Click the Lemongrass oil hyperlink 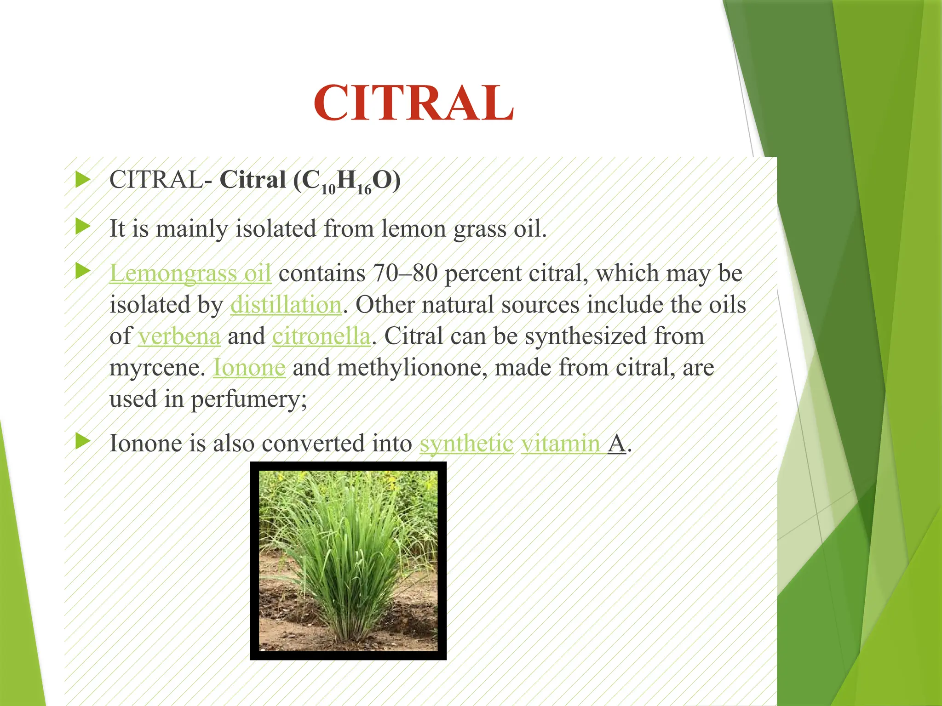[190, 273]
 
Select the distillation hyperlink [286, 305]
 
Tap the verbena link [179, 336]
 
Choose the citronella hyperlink [321, 336]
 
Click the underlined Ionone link [249, 368]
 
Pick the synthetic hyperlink [466, 444]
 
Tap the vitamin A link [573, 444]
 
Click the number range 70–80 [405, 273]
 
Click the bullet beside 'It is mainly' [83, 226]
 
